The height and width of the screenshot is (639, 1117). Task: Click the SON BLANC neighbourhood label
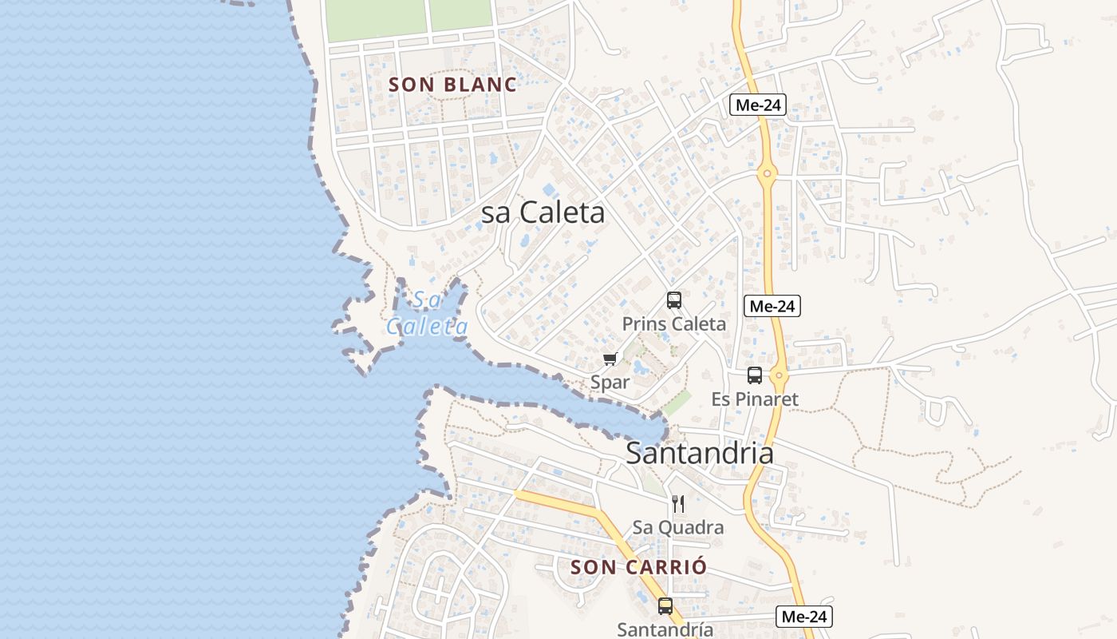[452, 84]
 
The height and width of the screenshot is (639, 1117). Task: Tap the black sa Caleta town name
[543, 212]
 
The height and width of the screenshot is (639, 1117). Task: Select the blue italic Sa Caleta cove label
[428, 313]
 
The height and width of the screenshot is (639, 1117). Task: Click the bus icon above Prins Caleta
[674, 300]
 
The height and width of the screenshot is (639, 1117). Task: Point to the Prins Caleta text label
[674, 323]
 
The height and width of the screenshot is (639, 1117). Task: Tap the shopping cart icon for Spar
[610, 359]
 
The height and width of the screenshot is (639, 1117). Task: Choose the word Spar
[610, 382]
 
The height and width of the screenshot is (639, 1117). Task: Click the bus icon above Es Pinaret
[755, 375]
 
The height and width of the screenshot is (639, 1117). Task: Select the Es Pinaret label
[755, 399]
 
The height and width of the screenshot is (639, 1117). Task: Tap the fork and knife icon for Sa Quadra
[678, 503]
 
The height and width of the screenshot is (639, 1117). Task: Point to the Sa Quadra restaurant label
[678, 527]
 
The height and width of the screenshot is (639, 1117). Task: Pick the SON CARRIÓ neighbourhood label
[639, 567]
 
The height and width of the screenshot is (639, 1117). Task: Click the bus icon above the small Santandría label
[665, 606]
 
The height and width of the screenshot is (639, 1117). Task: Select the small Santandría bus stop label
[665, 629]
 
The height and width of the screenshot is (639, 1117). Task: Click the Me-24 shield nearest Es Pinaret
[772, 305]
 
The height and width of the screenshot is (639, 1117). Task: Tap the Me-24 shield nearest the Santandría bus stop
[805, 616]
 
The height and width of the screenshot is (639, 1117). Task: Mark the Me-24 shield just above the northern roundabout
[758, 105]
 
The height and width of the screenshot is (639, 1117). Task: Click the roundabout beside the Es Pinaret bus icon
[780, 375]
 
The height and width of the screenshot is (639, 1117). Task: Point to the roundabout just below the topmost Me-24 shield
[767, 173]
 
